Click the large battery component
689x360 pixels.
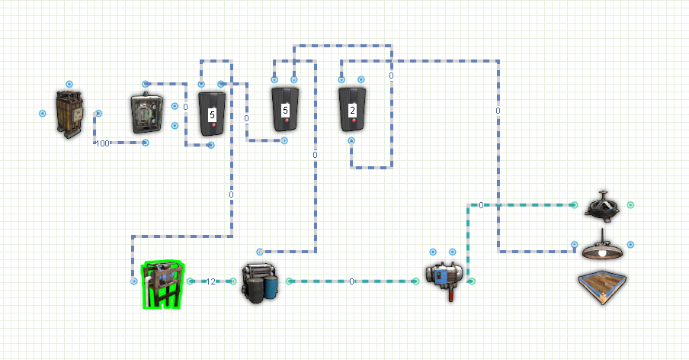tap(69, 114)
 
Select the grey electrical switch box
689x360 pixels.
tap(147, 114)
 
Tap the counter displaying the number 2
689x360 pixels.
tap(352, 110)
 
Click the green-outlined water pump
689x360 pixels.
tap(162, 284)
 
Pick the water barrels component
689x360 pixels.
tap(260, 284)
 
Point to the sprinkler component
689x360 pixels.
tap(602, 205)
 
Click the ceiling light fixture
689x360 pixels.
tap(602, 246)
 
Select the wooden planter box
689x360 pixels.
tap(602, 287)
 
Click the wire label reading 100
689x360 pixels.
tap(102, 143)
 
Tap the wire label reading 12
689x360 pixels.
tap(211, 281)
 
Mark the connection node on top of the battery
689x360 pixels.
tap(69, 84)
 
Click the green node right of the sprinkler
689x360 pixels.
tap(630, 205)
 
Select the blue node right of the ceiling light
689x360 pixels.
tap(630, 244)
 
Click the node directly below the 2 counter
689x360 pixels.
tap(351, 140)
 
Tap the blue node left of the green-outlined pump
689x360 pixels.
tap(134, 281)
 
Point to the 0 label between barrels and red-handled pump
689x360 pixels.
tap(351, 281)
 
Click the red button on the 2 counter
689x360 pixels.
tap(354, 120)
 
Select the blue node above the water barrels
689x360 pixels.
tap(260, 252)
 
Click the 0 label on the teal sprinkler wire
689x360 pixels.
tap(481, 205)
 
